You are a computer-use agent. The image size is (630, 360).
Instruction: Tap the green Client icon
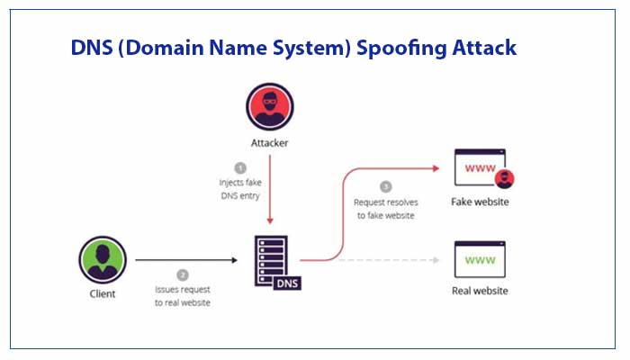coord(103,261)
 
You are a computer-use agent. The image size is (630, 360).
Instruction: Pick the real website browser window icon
coord(480,260)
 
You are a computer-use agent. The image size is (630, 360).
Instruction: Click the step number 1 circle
coord(240,168)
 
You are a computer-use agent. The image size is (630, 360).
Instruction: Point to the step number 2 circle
coord(183,274)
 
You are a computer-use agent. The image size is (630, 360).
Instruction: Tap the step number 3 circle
coord(385,187)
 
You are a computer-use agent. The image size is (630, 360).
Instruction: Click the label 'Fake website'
coord(480,202)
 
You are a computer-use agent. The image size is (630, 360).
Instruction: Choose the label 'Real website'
coord(480,292)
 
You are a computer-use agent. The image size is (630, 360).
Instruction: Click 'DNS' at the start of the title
coord(94,48)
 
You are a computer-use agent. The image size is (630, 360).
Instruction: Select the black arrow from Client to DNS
coord(184,260)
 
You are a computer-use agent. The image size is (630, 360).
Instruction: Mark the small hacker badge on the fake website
coord(504,177)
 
